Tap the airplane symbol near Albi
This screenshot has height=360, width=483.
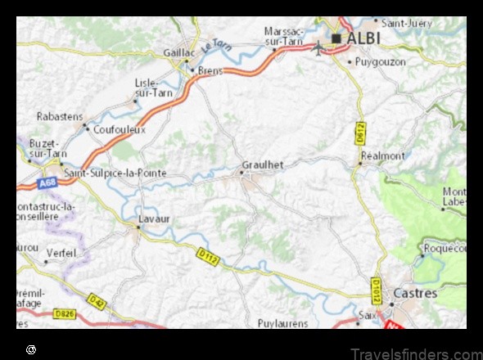[318, 47]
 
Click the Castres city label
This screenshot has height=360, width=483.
[415, 292]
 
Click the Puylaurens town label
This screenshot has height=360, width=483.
[282, 323]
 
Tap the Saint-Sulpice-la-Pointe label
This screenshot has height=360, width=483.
[115, 173]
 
